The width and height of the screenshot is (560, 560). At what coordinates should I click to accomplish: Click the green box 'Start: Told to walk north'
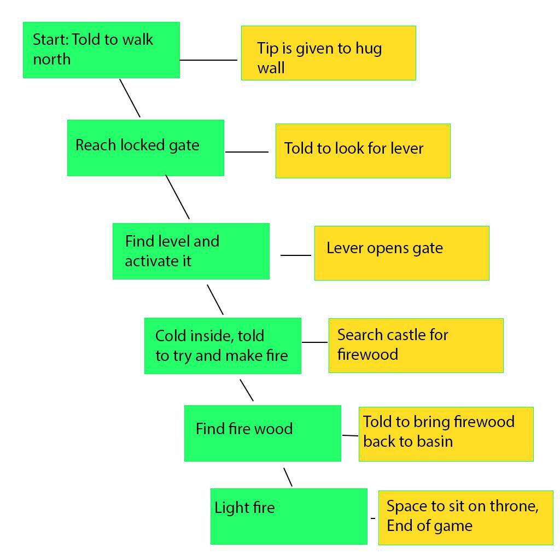101,50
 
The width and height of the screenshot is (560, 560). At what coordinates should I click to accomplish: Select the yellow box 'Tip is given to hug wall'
329,53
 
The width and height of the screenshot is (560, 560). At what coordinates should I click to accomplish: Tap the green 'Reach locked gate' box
145,148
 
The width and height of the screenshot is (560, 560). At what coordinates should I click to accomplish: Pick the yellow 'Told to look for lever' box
363,151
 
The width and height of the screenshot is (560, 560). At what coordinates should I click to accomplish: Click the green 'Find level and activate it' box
191,251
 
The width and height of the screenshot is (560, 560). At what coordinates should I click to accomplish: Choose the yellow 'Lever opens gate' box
402,253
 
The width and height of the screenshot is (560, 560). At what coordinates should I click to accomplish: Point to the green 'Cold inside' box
223,346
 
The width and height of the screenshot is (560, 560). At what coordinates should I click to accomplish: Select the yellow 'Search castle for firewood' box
416,346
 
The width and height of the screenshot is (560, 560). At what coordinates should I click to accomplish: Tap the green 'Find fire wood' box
262,433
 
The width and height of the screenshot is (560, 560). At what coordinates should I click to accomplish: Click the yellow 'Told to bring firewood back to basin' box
446,434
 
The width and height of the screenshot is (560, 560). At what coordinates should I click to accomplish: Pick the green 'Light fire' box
289,516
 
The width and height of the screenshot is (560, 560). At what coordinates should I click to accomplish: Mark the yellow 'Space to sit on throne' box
466,518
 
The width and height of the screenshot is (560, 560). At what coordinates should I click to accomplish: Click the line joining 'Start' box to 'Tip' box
208,60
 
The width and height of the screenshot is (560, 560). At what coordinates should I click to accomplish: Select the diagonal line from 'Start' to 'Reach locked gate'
130,98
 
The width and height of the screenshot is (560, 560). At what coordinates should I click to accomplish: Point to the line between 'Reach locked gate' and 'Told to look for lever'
247,152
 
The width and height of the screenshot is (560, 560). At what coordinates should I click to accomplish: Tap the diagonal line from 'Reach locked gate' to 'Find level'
178,197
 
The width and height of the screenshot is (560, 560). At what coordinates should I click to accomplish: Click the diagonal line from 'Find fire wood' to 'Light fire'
288,477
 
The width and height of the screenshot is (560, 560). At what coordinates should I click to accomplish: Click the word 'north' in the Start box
52,59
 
